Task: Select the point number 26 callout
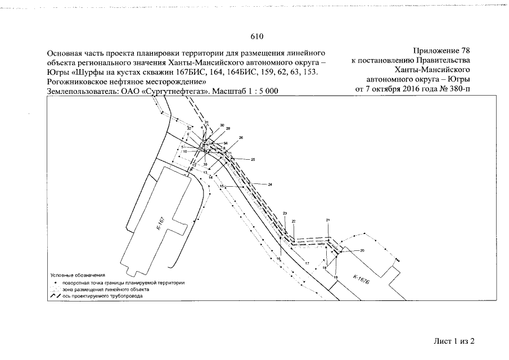pos(241,138)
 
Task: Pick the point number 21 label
pos(328,219)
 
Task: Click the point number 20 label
pos(362,250)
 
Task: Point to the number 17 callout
pos(307,263)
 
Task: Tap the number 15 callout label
pos(222,186)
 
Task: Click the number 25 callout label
pos(253,160)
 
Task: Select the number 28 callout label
pos(228,129)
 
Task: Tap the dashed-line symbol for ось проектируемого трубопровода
pos(56,295)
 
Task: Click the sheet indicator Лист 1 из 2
pos(454,341)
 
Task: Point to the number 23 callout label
pos(285,214)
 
